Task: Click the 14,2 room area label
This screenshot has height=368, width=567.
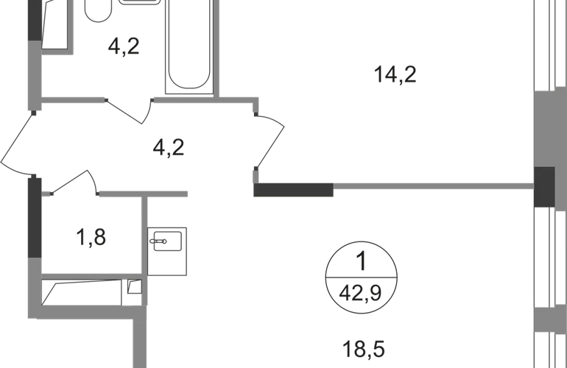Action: pos(392,74)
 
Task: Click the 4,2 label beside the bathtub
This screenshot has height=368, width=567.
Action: pos(124,49)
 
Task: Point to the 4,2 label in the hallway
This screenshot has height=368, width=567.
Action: pos(171,147)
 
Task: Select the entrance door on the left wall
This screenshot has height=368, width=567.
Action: pos(16,144)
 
